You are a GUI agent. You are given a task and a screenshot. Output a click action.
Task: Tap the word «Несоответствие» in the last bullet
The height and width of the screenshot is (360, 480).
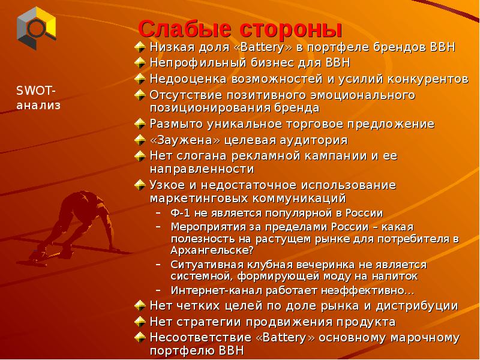(196, 338)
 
